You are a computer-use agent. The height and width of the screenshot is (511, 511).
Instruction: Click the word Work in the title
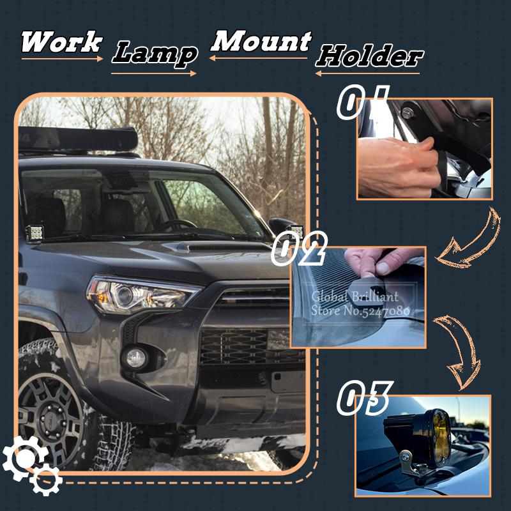[x=61, y=42]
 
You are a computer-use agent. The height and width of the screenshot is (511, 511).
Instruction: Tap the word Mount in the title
[x=261, y=42]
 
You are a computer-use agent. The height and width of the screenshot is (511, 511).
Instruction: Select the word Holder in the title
[x=369, y=56]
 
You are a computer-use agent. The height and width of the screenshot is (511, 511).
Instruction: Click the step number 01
[x=363, y=103]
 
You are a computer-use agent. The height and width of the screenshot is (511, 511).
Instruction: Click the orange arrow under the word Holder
[x=367, y=73]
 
